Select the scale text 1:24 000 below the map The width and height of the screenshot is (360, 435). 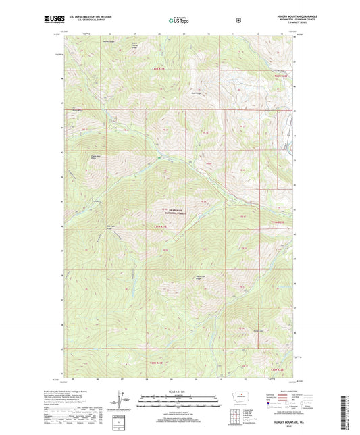click(x=180, y=391)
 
